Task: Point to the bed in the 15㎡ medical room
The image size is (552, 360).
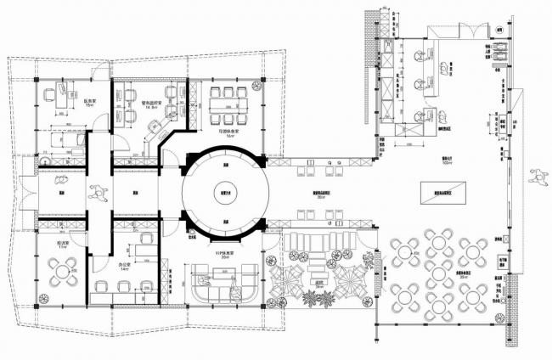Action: pyautogui.click(x=60, y=136)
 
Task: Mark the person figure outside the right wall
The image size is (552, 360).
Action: pyautogui.click(x=536, y=176)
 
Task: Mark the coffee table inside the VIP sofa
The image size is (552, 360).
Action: pyautogui.click(x=226, y=274)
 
